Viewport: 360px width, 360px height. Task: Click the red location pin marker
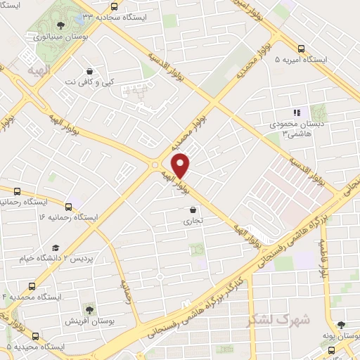pos(181,165)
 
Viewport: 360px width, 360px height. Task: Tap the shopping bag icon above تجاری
pos(193,209)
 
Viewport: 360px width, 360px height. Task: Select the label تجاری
pos(193,220)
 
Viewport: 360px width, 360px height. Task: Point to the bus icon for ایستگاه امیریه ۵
pos(302,49)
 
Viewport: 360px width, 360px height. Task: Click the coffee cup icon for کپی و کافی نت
pos(89,70)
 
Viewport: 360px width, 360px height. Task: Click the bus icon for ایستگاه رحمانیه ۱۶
pos(68,206)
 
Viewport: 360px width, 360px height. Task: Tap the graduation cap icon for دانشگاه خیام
pos(56,248)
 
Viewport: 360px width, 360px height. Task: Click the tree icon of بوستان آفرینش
pos(89,309)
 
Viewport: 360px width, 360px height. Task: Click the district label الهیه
pos(33,71)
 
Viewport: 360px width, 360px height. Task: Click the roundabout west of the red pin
pos(154,165)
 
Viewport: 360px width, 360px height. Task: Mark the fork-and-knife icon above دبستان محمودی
pos(296,112)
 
